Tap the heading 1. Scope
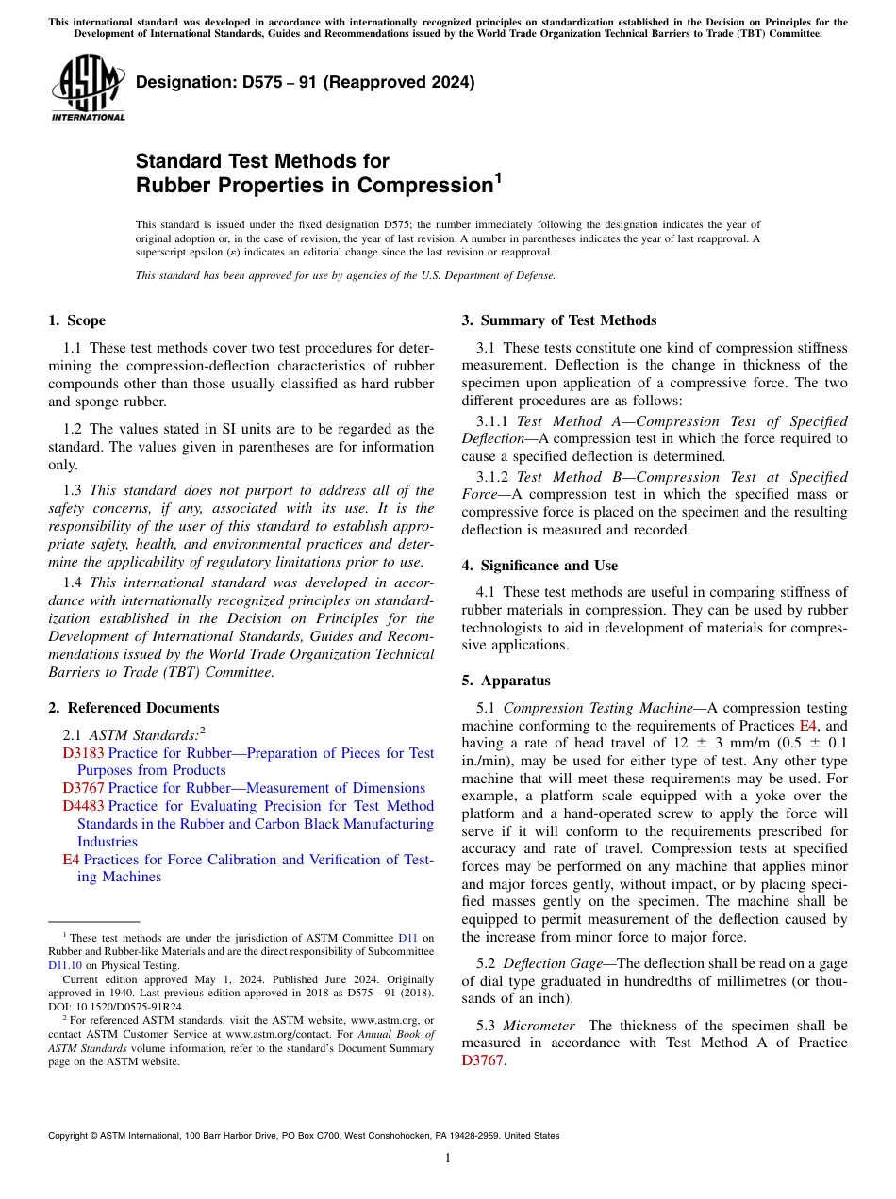77,320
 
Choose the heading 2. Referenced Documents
134,708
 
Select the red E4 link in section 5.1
808,726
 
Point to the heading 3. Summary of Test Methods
559,320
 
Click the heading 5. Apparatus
506,681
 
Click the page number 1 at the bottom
448,1158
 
